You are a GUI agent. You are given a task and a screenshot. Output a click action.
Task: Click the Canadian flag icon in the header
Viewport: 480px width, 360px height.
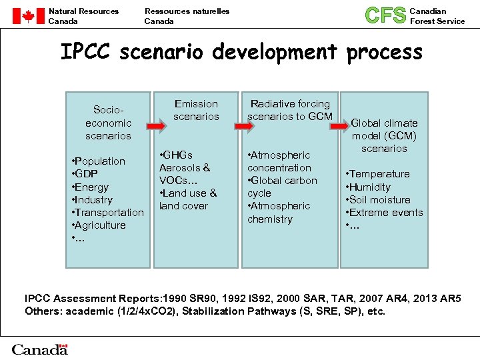tap(28, 16)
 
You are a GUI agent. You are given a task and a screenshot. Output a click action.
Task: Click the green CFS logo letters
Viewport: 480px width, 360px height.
tap(385, 15)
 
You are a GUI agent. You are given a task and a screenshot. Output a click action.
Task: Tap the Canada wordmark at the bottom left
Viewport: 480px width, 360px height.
tap(40, 349)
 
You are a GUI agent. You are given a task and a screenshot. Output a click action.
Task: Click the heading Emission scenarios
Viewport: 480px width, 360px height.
tap(196, 110)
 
